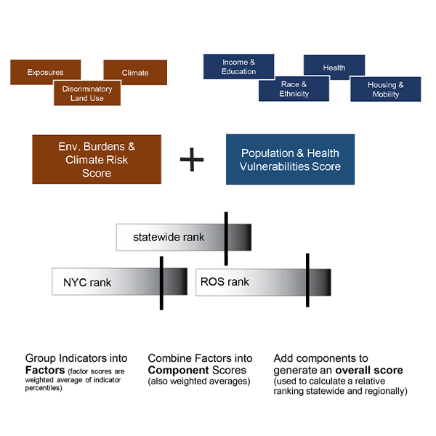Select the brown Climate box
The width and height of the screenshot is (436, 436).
135,72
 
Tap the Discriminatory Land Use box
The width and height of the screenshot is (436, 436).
87,93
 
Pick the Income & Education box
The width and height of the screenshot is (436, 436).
239,67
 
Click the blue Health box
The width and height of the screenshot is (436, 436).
334,67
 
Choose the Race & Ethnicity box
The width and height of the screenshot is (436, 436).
294,89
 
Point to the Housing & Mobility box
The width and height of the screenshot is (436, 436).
385,89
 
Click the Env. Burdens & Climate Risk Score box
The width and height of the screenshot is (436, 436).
97,159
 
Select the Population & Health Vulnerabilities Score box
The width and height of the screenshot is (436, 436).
290,159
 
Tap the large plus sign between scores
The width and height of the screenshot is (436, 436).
192,160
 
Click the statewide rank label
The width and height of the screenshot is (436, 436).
169,237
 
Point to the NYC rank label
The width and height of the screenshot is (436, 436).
87,282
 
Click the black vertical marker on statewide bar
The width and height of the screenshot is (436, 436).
227,238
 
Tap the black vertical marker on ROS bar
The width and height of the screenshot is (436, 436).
307,280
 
